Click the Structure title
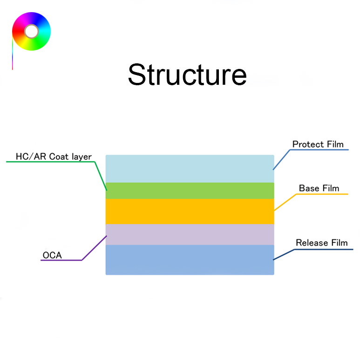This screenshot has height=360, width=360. (x=187, y=75)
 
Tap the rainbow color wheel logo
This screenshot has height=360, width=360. (x=31, y=32)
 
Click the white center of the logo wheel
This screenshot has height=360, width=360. (x=31, y=32)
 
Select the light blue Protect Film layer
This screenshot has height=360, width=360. (x=190, y=169)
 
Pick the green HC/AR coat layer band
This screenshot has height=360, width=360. (x=190, y=191)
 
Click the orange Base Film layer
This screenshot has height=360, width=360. (x=190, y=211)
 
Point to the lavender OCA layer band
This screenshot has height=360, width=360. (x=190, y=234)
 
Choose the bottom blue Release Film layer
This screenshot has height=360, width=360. (x=190, y=259)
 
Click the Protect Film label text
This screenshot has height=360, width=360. (x=318, y=144)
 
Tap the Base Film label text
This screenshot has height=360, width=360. (x=319, y=189)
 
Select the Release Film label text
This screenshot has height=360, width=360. (x=322, y=243)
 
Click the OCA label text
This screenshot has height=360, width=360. (x=52, y=255)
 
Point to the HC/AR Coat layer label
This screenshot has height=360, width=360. (x=54, y=156)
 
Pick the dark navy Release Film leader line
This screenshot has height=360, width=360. (x=284, y=254)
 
